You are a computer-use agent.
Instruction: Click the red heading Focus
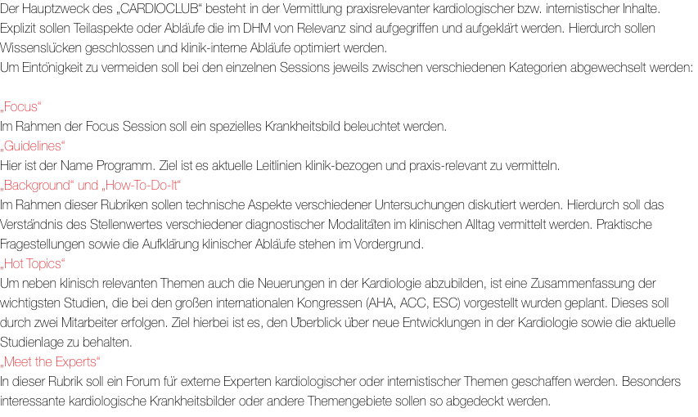20,107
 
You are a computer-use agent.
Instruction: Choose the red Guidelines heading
33,146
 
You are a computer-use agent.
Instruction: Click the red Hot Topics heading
33,264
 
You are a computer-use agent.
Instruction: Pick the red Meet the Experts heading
50,362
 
